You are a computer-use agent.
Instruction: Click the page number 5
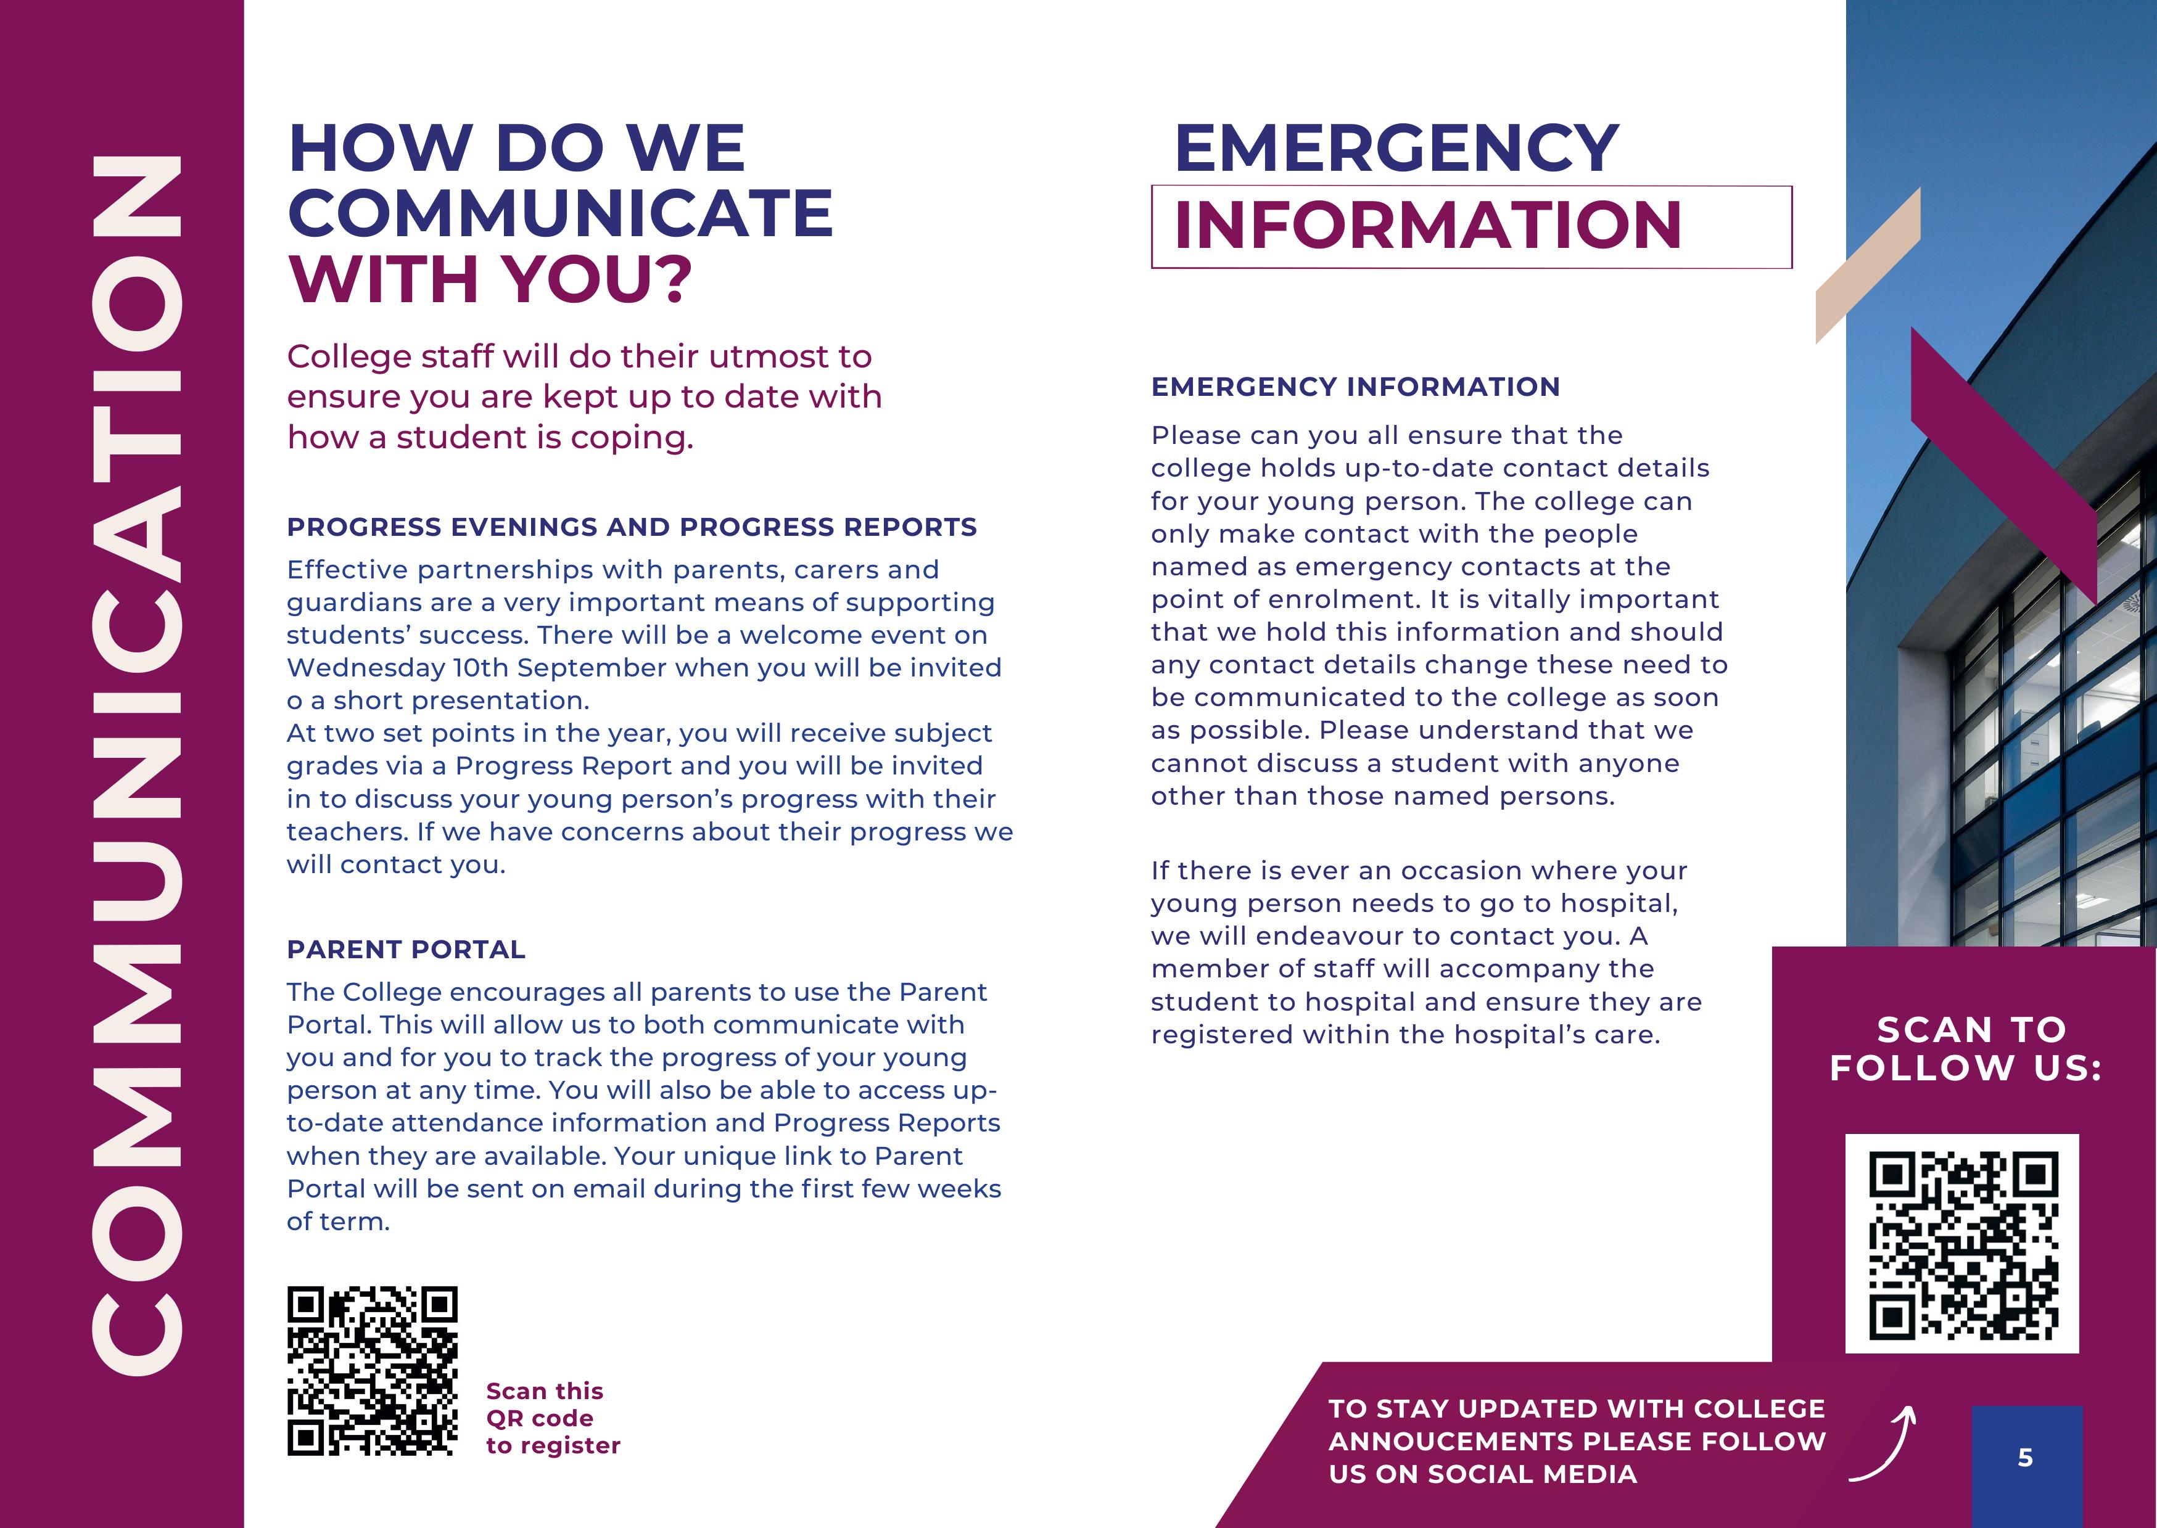[2025, 1458]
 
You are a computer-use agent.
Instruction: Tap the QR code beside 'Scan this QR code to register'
[372, 1371]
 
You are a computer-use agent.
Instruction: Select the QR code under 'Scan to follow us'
[1962, 1244]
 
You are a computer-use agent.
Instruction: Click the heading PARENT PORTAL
[406, 950]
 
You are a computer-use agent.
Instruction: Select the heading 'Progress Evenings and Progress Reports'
[632, 527]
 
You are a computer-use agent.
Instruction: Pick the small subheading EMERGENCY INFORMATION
[1355, 387]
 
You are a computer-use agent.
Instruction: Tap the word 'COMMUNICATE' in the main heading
[560, 213]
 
